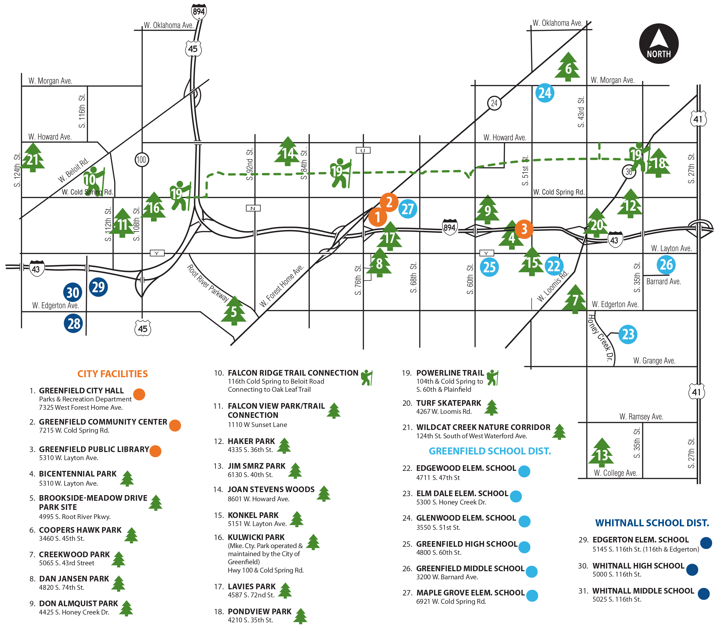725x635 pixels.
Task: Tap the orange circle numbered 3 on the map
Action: (524, 229)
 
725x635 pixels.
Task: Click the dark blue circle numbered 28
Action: (73, 323)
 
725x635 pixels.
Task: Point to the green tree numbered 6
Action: (568, 67)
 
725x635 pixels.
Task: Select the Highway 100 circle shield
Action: (142, 160)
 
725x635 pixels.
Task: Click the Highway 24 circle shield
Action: (494, 103)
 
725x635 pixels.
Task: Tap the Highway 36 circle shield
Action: (629, 172)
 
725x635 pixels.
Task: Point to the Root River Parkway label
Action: (208, 283)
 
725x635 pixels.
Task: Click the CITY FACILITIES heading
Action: (113, 374)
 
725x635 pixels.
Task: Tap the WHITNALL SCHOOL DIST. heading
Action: (652, 523)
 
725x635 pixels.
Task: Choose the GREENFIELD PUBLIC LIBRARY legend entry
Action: (94, 449)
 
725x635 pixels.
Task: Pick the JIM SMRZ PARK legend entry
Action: (257, 466)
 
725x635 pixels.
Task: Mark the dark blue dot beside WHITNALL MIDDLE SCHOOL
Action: (703, 594)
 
